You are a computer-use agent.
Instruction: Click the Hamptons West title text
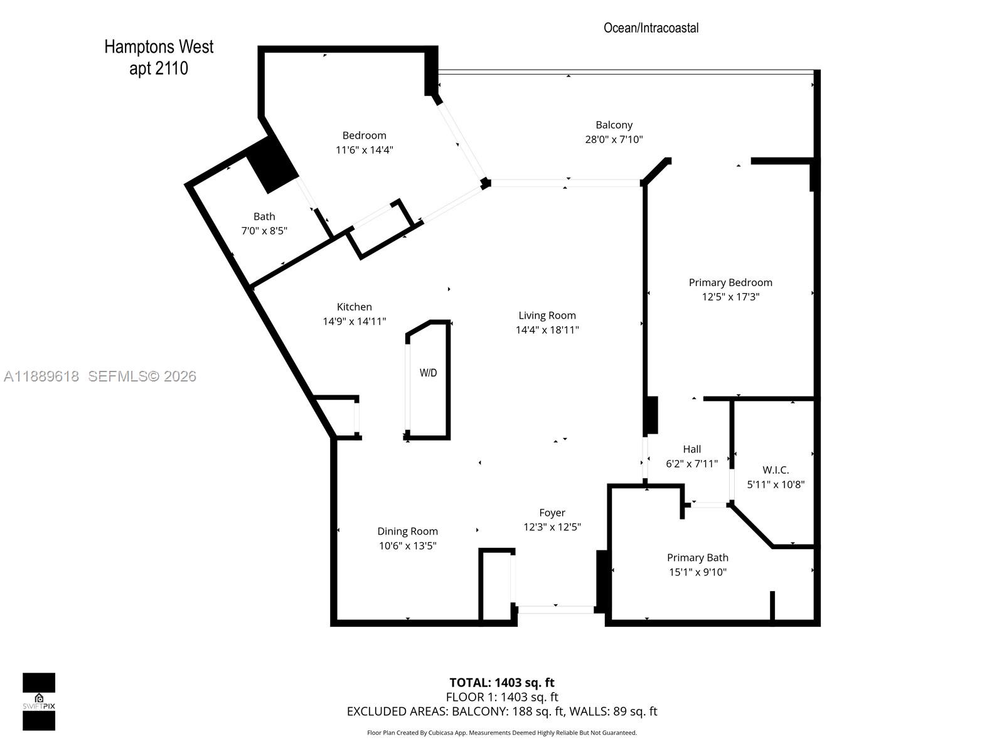pos(159,47)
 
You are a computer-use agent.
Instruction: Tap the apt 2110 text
pos(159,68)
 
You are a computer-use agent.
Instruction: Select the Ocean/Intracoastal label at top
pos(651,28)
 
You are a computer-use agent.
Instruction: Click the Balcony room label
pos(614,125)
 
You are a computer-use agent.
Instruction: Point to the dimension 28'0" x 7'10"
pos(614,139)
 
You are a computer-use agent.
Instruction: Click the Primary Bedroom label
pos(730,282)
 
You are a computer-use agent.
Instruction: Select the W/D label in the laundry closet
pos(428,373)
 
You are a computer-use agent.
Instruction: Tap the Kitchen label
pos(354,307)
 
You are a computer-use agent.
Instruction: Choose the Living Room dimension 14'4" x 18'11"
pos(547,330)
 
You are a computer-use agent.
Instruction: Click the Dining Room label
pos(407,531)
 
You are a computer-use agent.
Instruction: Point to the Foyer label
pos(552,513)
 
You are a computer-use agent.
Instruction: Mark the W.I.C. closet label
pos(776,470)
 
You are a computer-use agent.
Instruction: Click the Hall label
pos(692,449)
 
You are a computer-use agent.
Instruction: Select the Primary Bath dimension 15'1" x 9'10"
pos(697,572)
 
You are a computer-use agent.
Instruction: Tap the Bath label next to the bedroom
pos(264,216)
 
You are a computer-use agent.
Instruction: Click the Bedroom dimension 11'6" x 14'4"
pos(364,150)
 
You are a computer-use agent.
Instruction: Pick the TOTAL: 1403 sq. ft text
pos(502,683)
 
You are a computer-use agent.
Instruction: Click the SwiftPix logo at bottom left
pos(39,702)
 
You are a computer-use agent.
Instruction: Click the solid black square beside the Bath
pos(272,164)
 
